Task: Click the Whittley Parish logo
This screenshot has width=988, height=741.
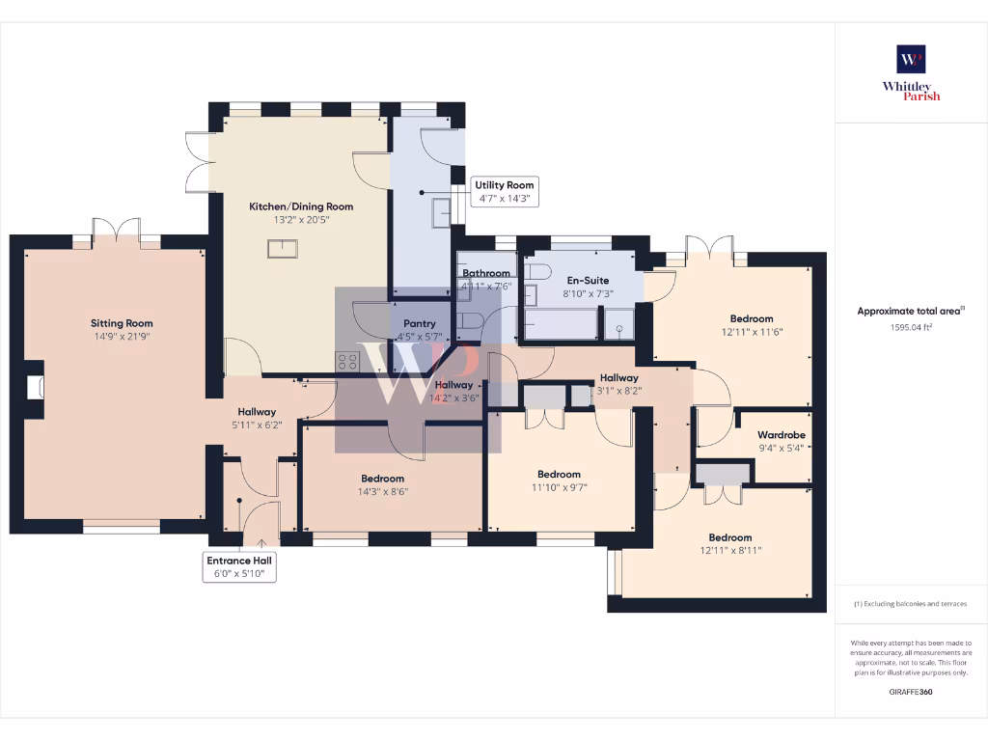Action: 911,72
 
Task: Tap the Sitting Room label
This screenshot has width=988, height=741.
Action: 122,323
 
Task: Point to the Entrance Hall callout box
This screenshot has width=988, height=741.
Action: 240,567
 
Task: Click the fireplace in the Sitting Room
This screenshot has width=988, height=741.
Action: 35,388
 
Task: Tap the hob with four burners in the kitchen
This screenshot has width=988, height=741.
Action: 347,362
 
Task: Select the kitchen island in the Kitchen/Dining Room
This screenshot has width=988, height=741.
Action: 283,249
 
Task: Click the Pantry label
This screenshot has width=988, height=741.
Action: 420,324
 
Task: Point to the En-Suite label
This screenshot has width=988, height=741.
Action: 587,281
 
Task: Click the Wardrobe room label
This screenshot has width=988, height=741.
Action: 781,435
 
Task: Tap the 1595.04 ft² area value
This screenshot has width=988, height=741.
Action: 910,327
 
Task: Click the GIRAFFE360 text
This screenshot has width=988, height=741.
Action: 910,692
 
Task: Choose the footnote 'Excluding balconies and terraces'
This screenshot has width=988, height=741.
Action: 910,604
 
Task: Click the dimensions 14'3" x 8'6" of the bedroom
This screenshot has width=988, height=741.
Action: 382,491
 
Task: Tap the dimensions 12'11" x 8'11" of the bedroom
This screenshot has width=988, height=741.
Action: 729,551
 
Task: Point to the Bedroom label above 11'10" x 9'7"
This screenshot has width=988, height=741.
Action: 559,474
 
